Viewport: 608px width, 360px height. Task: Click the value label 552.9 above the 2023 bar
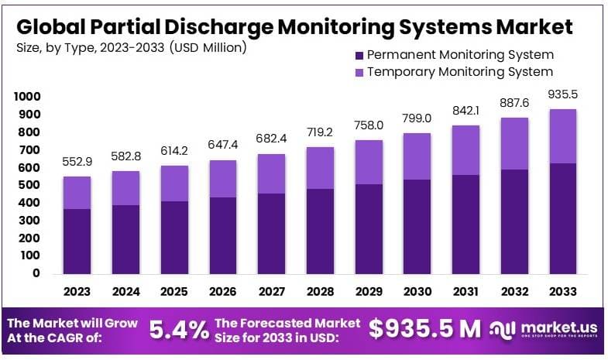[x=77, y=163]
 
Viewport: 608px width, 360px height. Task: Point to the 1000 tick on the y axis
[x=26, y=97]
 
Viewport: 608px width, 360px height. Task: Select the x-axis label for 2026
[x=223, y=292]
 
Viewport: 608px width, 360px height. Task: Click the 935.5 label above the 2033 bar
[x=563, y=94]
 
